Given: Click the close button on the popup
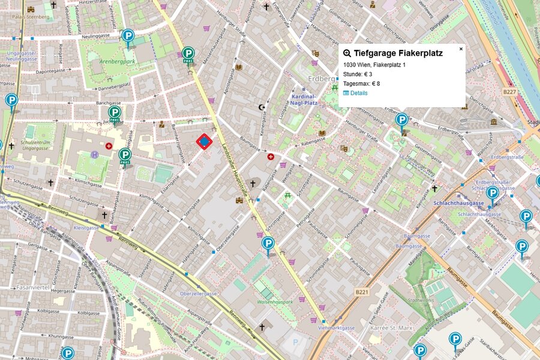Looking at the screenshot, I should [x=461, y=49].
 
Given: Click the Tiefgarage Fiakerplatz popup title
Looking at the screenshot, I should [x=398, y=53].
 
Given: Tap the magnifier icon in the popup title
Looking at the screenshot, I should [x=347, y=53].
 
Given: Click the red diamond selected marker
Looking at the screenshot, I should [x=205, y=142].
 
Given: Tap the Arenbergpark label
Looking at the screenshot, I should [x=101, y=61].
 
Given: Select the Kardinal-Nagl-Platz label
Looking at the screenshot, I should [x=304, y=100].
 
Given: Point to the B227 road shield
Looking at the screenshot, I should [x=509, y=92].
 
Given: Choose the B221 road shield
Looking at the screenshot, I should [x=361, y=292].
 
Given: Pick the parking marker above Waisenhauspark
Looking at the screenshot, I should [x=268, y=244].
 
